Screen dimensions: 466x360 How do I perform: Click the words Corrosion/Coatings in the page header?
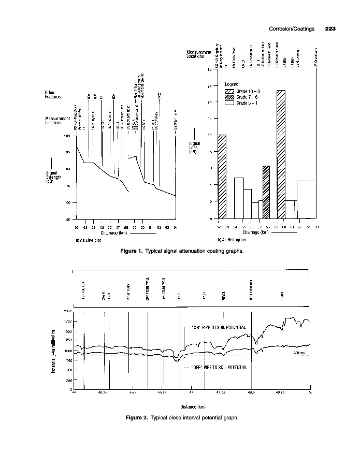[x=292, y=28]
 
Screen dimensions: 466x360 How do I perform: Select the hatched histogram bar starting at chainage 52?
[x=222, y=176]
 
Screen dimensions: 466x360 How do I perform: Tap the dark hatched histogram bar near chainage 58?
[x=266, y=192]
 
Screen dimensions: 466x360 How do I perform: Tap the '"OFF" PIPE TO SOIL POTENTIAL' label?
[x=217, y=367]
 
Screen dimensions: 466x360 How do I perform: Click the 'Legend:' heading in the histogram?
[x=232, y=83]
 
